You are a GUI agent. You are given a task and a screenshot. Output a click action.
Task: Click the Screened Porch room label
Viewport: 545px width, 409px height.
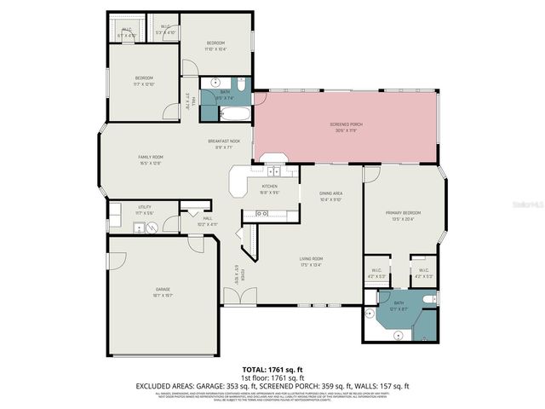(346, 124)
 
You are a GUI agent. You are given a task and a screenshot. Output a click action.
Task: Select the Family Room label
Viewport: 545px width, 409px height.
(151, 157)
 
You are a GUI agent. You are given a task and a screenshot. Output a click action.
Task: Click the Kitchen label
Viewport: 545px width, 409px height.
(270, 186)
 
